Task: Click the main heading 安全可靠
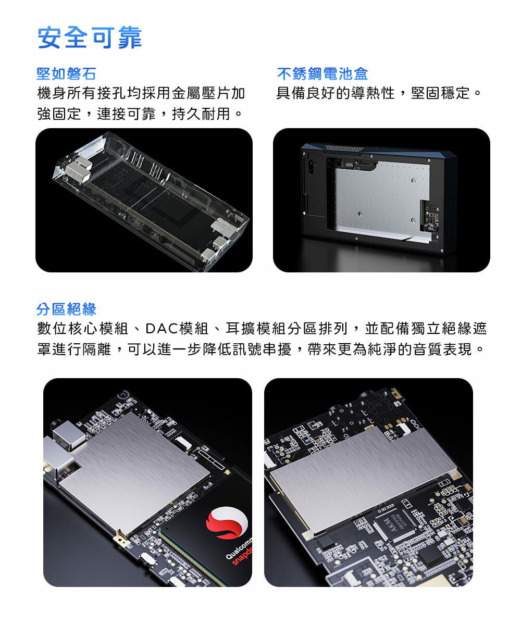(90, 37)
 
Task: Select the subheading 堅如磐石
(66, 73)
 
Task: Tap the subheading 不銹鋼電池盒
(322, 73)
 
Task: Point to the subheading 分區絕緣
(66, 309)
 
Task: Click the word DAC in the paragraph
(162, 328)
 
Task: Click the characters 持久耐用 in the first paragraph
(201, 114)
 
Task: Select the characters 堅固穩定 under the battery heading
(440, 93)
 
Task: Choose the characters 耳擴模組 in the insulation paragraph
(256, 328)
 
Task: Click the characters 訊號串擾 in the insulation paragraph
(262, 349)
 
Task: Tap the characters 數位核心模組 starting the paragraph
(82, 328)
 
